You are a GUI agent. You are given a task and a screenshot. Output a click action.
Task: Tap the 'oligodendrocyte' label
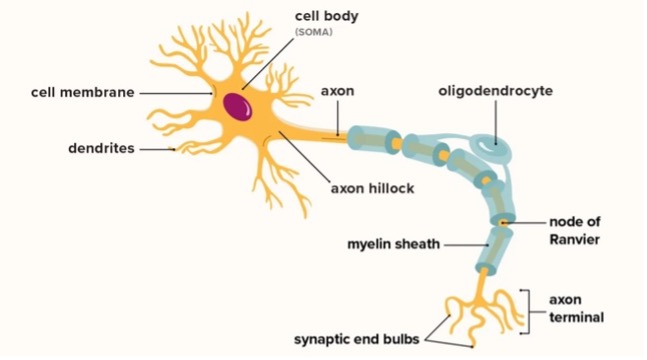pos(495,91)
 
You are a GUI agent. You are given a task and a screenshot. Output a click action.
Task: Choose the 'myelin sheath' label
pos(393,243)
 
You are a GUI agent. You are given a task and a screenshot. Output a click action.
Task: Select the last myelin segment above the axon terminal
pos(497,247)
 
